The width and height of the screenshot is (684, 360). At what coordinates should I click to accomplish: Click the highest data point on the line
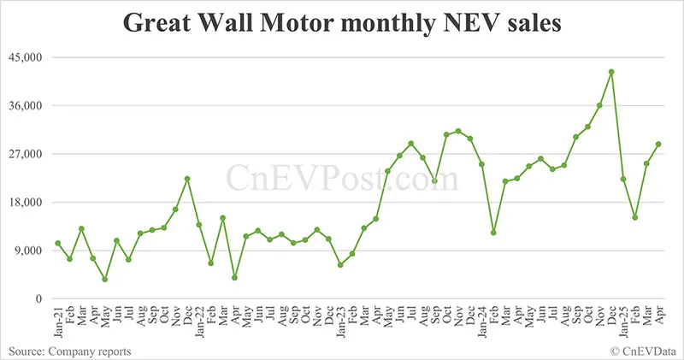click(x=611, y=72)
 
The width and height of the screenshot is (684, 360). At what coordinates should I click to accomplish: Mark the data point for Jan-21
click(x=58, y=244)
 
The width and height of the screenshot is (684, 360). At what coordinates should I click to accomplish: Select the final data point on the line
click(x=658, y=145)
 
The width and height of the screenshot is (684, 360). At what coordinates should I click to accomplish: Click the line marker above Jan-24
click(x=482, y=164)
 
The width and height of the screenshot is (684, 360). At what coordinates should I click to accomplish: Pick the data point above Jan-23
click(x=340, y=265)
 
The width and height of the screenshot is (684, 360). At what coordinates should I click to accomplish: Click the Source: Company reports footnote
click(x=70, y=351)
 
